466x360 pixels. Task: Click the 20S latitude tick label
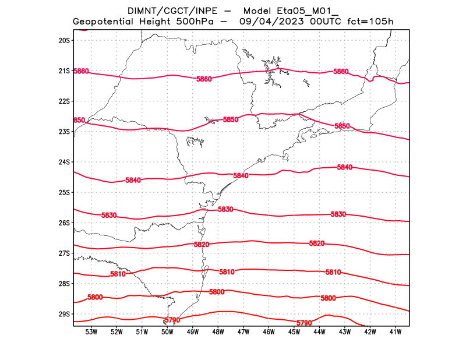[63, 40]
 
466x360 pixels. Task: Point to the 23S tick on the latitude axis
[63, 132]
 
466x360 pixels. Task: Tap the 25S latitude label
[63, 192]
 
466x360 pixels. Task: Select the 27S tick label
[63, 253]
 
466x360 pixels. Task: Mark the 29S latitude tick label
[63, 314]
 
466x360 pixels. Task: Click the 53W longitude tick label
[91, 332]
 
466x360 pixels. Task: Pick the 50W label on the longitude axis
[167, 332]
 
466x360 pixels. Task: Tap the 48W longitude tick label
[218, 332]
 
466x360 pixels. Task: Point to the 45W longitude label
[294, 332]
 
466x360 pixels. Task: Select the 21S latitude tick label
[63, 71]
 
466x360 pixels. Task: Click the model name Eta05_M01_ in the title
[309, 10]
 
